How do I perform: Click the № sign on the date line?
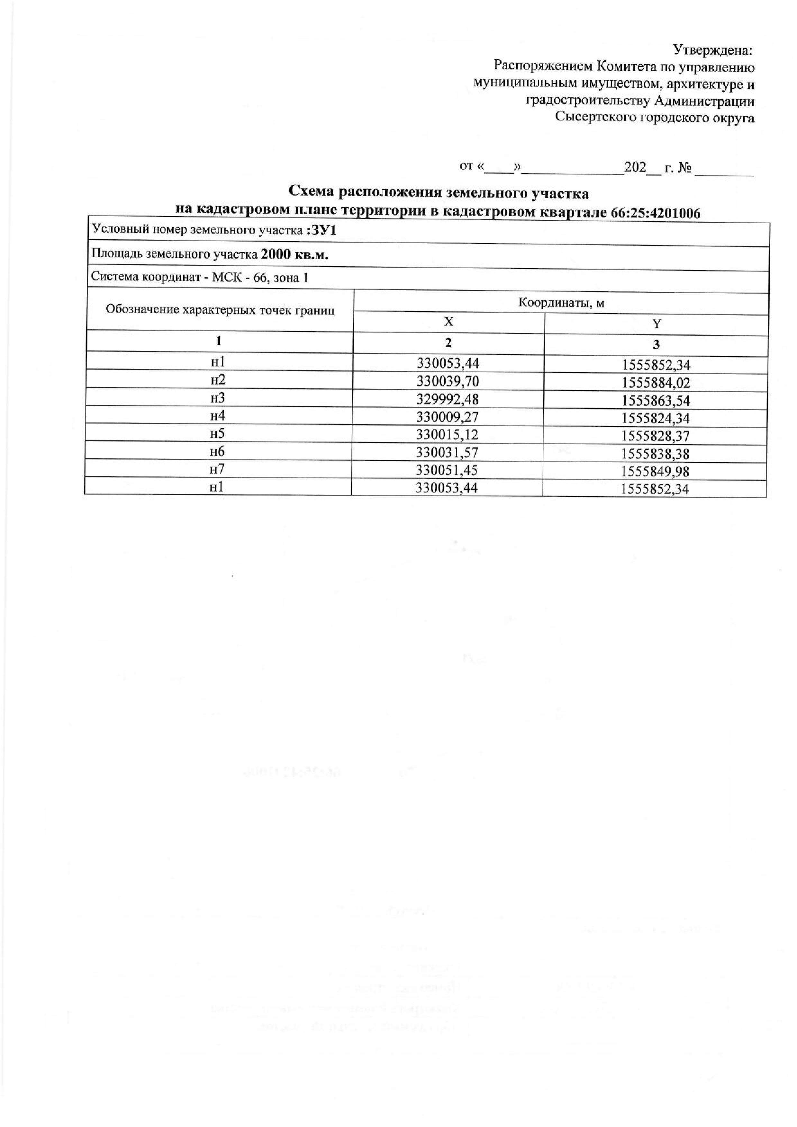pyautogui.click(x=684, y=168)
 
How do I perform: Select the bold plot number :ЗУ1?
pyautogui.click(x=321, y=230)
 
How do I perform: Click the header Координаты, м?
pyautogui.click(x=561, y=303)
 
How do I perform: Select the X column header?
pyautogui.click(x=448, y=322)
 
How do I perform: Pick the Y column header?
pyautogui.click(x=657, y=324)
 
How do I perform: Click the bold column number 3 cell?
pyautogui.click(x=656, y=345)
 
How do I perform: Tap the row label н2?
pyautogui.click(x=218, y=380)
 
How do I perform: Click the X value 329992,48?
pyautogui.click(x=447, y=399)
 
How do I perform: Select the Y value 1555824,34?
pyautogui.click(x=656, y=418)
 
